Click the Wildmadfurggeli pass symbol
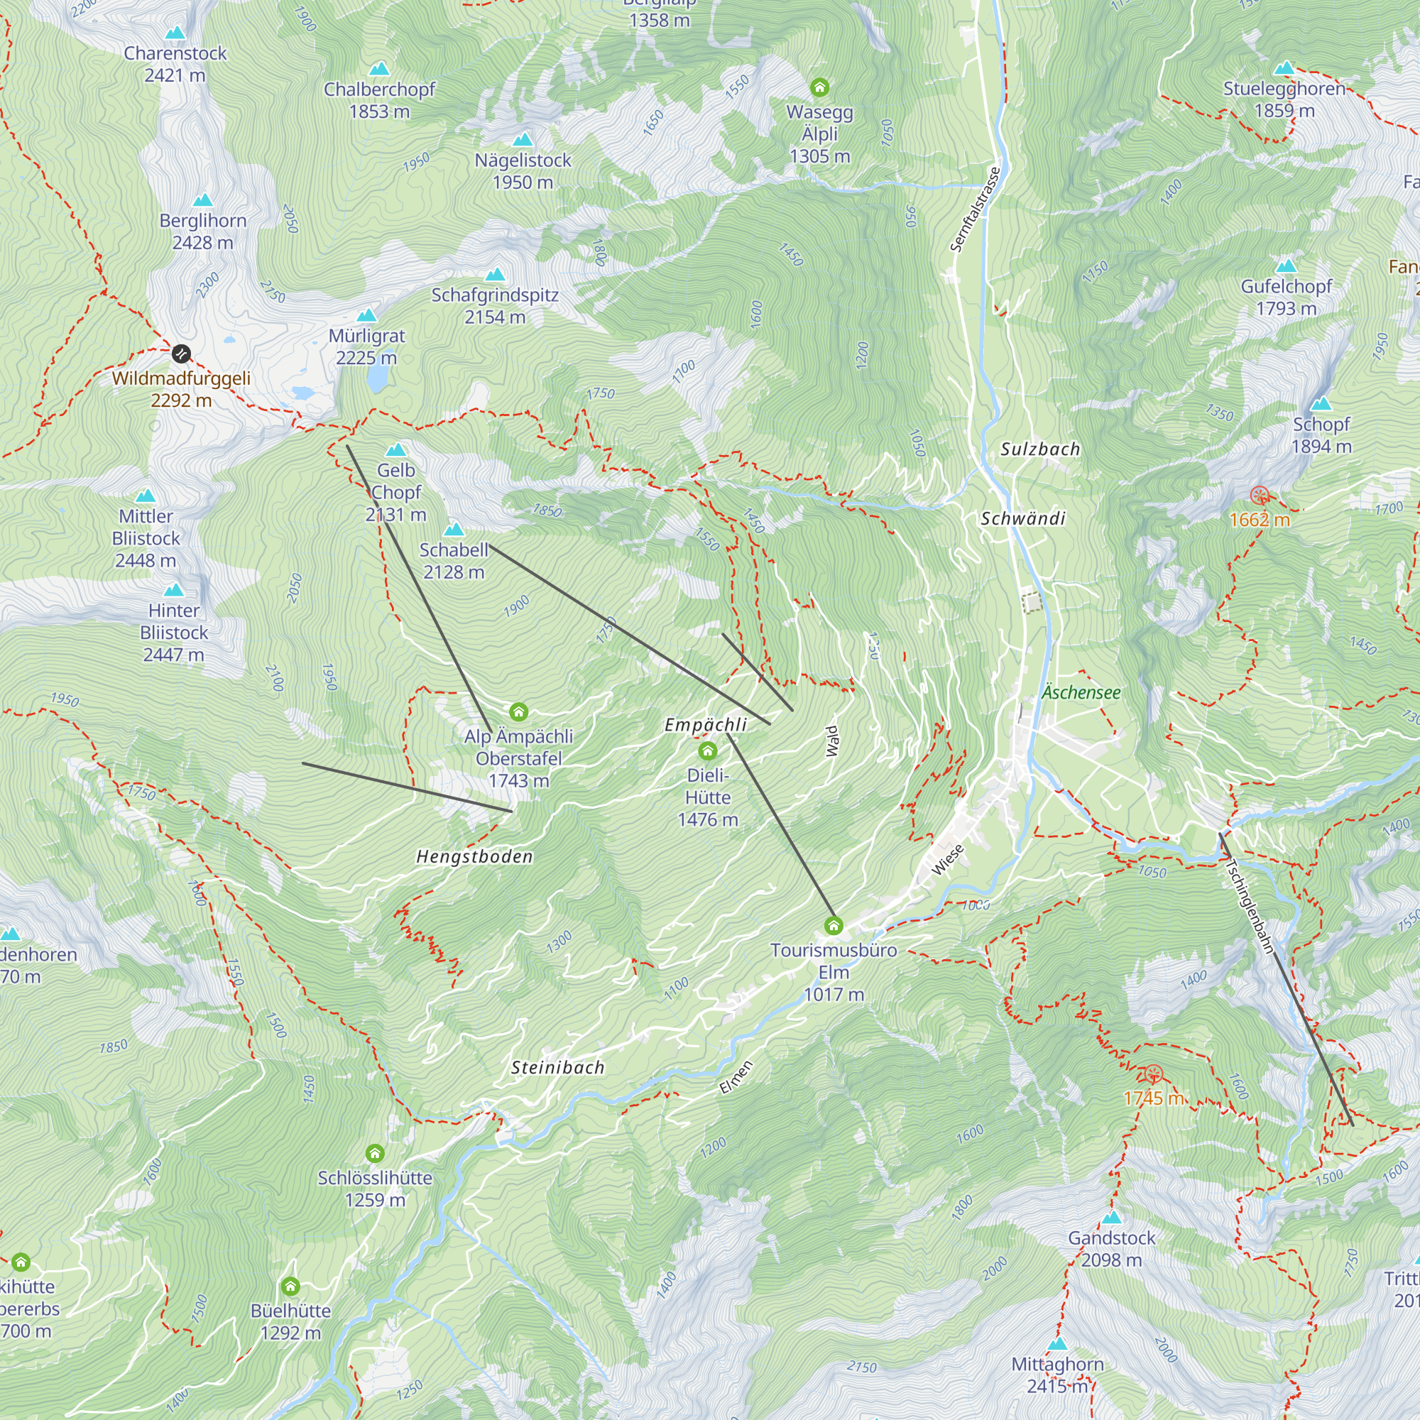[181, 354]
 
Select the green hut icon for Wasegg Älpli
[819, 88]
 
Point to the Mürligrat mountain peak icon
[367, 316]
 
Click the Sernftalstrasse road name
[976, 210]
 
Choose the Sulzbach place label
[1040, 449]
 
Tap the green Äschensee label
[1081, 692]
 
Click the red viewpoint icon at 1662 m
[1260, 496]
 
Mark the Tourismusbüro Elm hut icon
[833, 925]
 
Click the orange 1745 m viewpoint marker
[1153, 1074]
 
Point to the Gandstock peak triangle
[1112, 1218]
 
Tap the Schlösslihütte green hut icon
[375, 1152]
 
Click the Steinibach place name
[558, 1068]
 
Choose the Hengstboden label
[475, 856]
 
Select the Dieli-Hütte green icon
[707, 750]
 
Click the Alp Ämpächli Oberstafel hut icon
[519, 711]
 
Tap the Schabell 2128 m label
[454, 561]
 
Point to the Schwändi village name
[1023, 519]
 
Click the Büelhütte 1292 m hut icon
[290, 1287]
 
